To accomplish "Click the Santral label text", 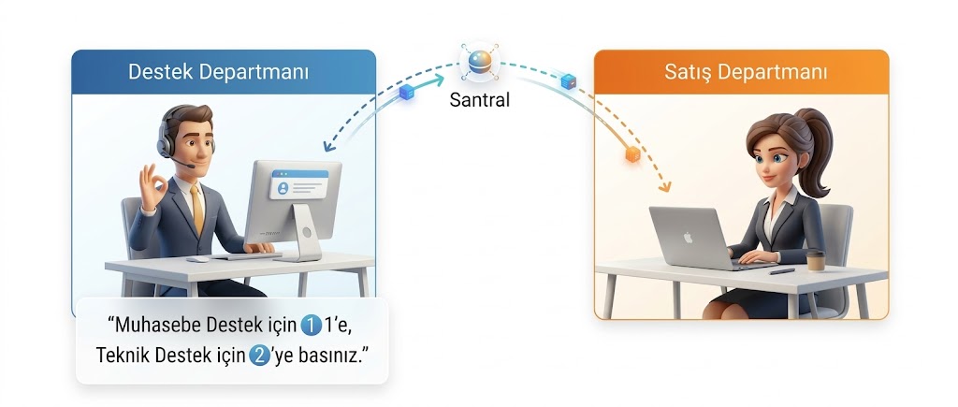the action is [479, 99].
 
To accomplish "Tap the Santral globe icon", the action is [480, 62].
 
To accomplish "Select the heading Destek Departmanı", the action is [218, 72].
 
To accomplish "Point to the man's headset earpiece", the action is [165, 144].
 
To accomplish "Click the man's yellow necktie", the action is [197, 207].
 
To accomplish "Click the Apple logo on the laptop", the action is [688, 237].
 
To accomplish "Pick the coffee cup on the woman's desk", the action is [815, 261].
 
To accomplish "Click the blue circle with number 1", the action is [311, 326].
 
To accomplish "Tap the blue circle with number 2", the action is [260, 355].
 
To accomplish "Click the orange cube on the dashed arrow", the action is [632, 155].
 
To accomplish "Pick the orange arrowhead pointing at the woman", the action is [664, 185].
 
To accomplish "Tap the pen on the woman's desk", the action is [782, 270].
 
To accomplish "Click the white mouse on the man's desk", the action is [197, 259].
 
